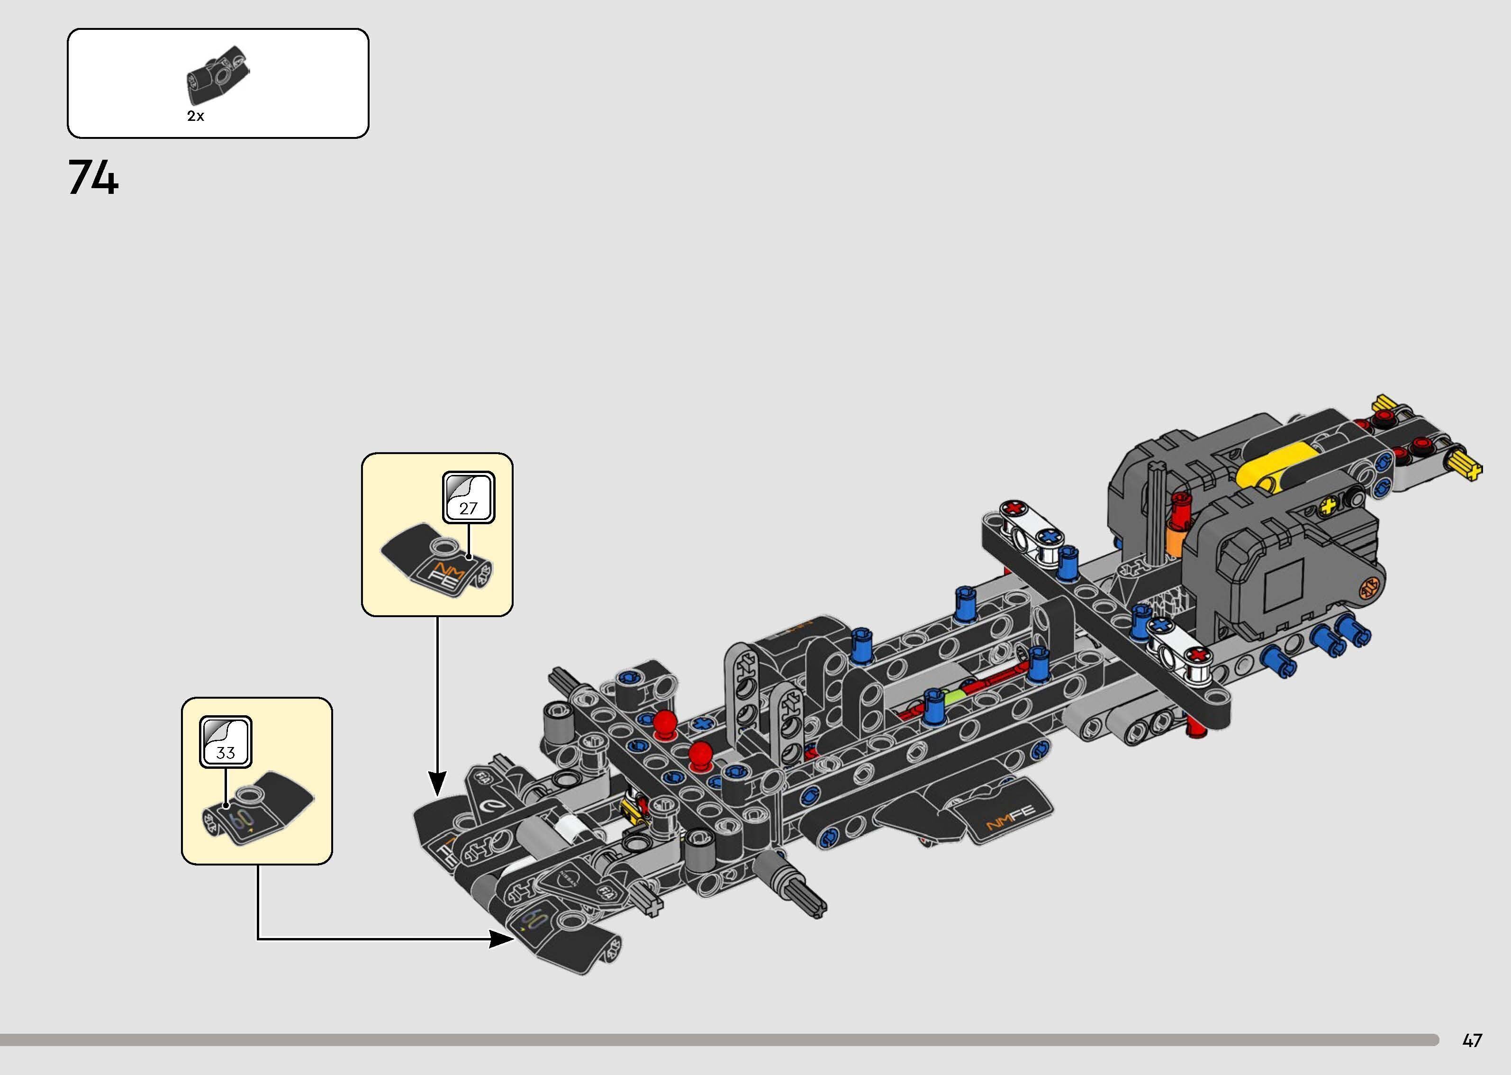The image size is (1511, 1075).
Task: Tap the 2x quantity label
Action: [x=195, y=116]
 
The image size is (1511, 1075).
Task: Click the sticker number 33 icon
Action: [x=226, y=741]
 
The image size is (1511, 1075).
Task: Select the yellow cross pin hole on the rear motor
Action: [x=1327, y=509]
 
